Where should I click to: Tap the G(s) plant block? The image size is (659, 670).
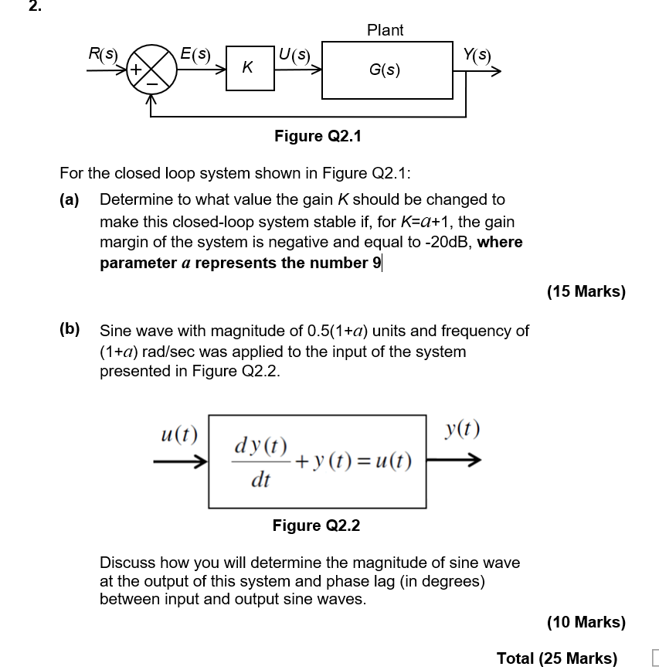coord(386,70)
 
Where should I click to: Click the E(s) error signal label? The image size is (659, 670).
coord(194,54)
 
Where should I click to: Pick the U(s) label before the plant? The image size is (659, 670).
coord(294,55)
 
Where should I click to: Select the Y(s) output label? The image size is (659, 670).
coord(476,55)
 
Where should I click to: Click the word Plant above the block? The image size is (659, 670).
coord(385,30)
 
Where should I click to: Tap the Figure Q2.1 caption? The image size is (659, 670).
coord(318,136)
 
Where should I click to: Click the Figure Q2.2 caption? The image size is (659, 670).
coord(316,525)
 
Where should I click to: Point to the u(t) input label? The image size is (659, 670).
coord(178,434)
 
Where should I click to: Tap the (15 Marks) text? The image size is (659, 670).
coord(586,291)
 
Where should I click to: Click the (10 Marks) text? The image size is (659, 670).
coord(586,621)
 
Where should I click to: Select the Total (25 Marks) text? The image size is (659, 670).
coord(556,658)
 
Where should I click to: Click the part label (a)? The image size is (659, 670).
coord(70,199)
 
